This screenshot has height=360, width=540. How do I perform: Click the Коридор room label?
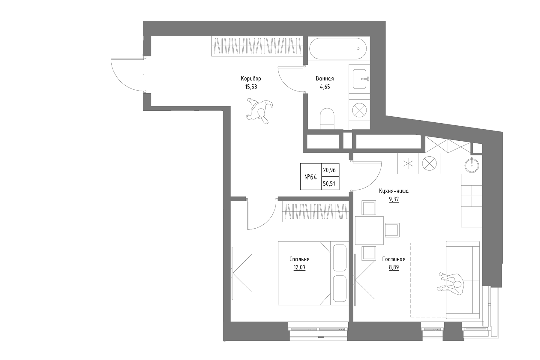(251, 79)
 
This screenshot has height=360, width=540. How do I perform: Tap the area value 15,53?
(251, 87)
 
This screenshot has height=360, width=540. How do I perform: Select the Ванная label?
(325, 79)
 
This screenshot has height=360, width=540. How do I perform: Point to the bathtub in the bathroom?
(338, 49)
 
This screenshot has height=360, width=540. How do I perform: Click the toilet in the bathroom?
(327, 118)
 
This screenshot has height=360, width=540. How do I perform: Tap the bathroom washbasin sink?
(359, 79)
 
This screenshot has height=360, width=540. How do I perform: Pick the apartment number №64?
(311, 177)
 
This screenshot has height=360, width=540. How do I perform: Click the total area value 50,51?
(329, 183)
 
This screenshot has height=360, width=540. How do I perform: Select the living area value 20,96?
(329, 170)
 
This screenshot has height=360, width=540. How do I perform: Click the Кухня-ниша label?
(394, 191)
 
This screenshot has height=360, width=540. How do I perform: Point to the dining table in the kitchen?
(369, 230)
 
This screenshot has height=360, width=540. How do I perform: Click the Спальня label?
(299, 259)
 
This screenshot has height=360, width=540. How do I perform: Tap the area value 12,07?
(299, 267)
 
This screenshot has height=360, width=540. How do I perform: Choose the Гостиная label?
(394, 259)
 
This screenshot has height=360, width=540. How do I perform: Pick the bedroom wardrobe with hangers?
(315, 212)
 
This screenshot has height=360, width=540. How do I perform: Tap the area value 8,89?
(394, 267)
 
